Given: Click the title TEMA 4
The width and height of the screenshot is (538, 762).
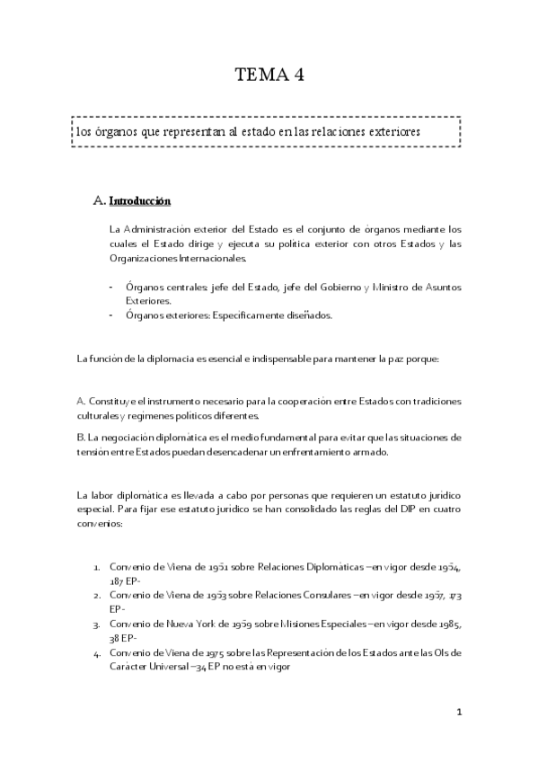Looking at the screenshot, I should click(269, 75).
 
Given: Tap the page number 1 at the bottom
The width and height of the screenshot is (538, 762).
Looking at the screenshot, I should click(458, 713).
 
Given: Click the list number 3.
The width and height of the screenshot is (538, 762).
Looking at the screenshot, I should click(96, 621).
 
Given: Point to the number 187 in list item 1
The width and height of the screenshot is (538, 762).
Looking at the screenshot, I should click(119, 581).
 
